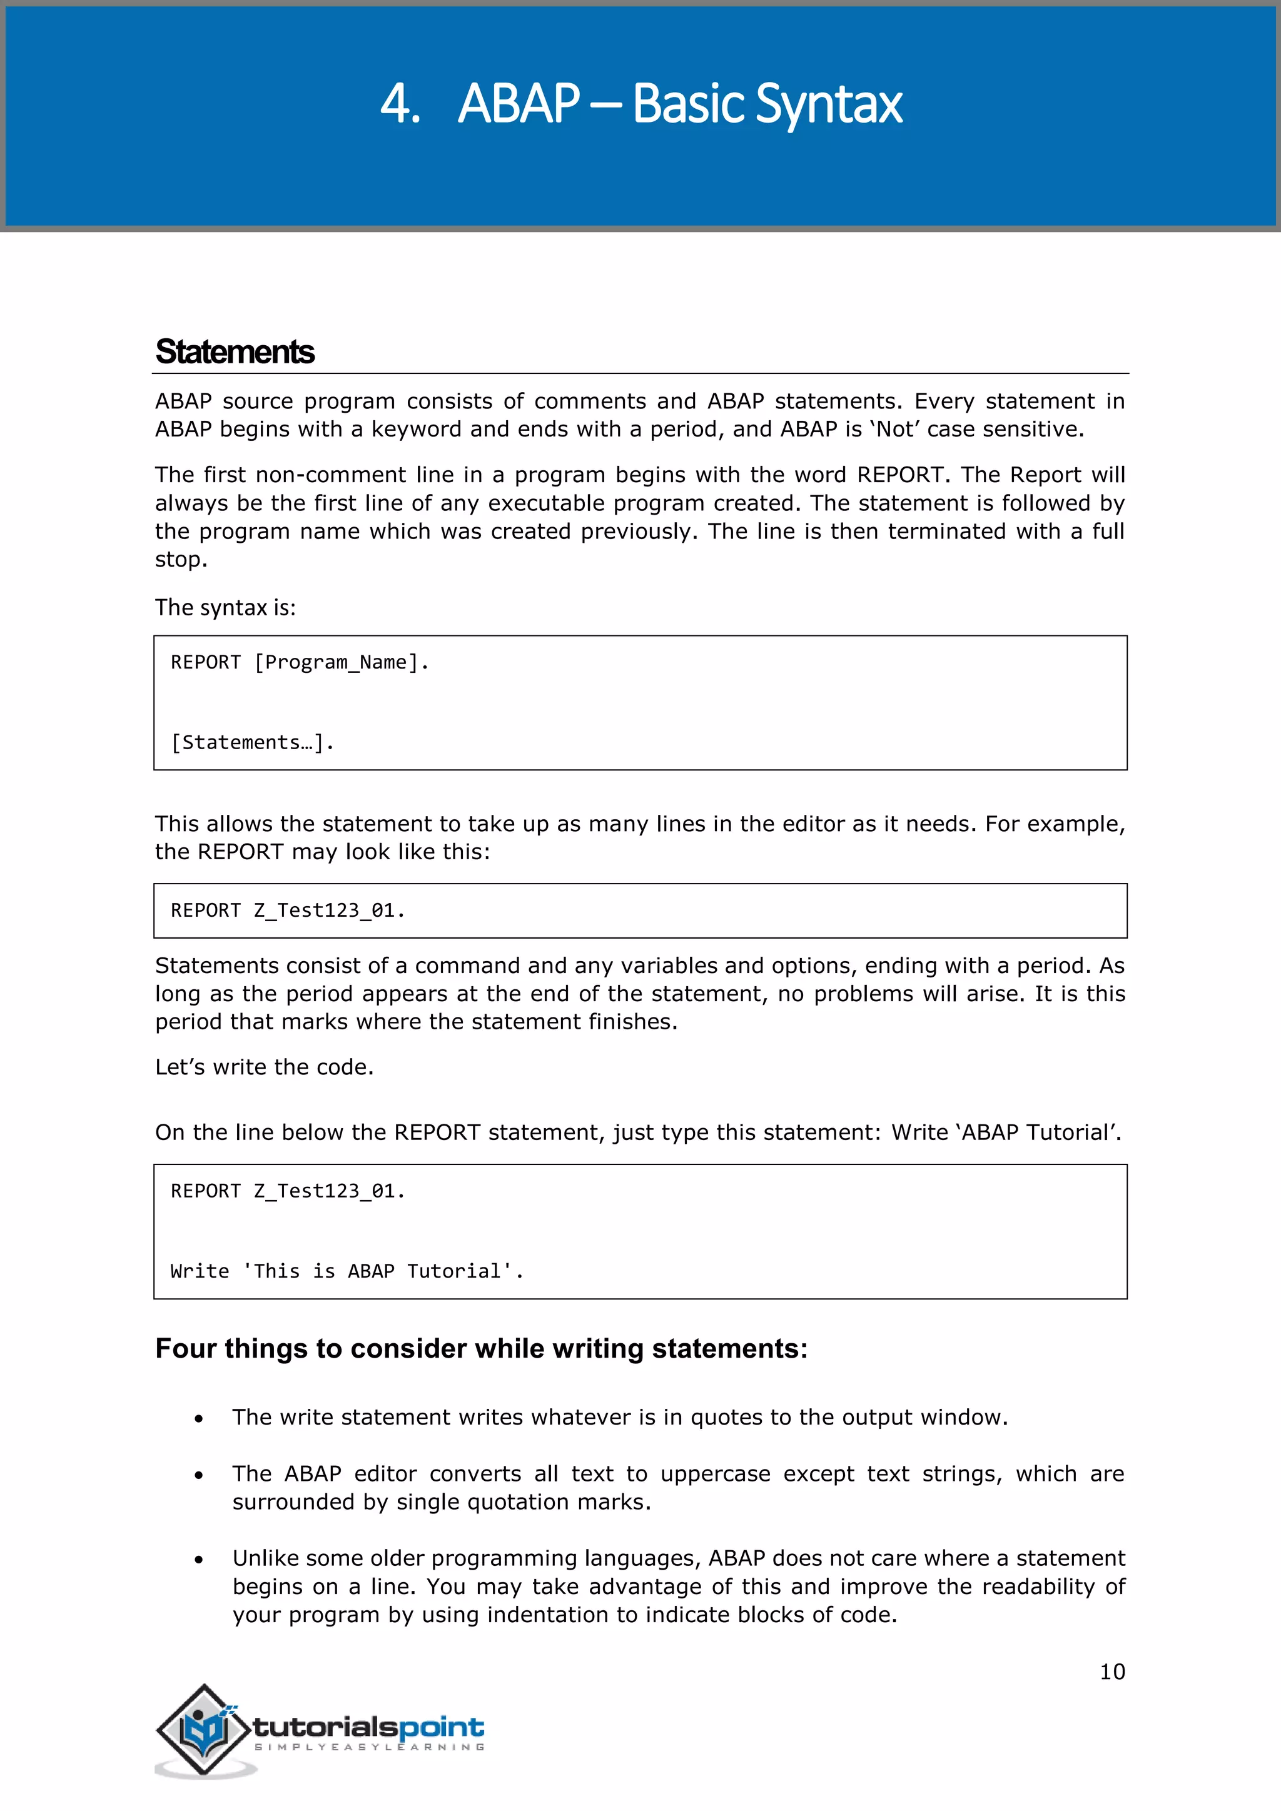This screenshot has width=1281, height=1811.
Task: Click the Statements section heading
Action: pos(235,352)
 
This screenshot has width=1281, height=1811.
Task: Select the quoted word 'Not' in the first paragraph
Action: pos(897,430)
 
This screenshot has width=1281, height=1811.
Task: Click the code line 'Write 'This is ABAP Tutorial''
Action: pos(347,1271)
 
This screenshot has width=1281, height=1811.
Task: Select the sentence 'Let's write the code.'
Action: pos(263,1067)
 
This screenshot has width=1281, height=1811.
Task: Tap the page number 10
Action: pos(1111,1672)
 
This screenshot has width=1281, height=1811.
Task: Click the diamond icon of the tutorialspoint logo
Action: pos(203,1729)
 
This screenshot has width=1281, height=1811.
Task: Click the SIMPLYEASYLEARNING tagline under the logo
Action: pos(368,1748)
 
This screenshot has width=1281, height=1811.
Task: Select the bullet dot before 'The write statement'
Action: pos(199,1419)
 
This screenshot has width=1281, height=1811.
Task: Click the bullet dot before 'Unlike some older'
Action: pos(199,1560)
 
